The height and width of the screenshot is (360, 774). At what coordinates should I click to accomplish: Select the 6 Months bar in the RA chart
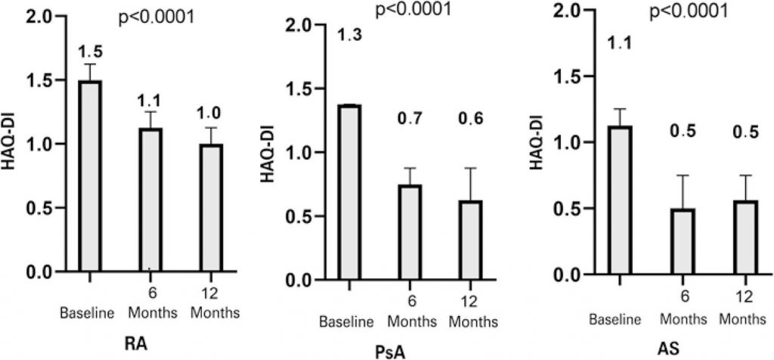(150, 200)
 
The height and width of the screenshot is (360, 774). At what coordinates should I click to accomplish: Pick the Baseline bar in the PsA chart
(348, 193)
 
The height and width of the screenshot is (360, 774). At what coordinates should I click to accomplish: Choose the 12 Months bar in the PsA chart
(469, 241)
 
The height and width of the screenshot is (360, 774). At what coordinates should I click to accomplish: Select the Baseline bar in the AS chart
(618, 200)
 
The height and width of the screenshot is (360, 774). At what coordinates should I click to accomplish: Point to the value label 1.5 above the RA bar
(91, 51)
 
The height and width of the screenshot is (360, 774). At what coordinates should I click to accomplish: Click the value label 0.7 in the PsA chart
(409, 118)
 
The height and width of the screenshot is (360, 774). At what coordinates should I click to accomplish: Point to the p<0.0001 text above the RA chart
(158, 17)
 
